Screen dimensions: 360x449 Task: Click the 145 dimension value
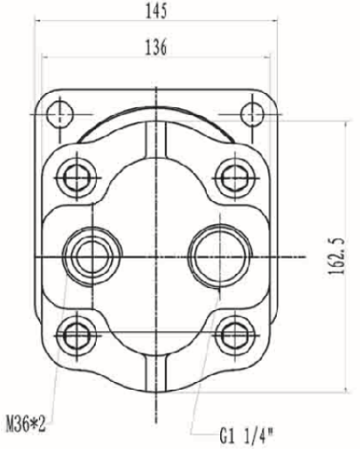[x=156, y=11]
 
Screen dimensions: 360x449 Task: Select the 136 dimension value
[x=156, y=48]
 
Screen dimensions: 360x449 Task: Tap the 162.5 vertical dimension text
[x=338, y=256]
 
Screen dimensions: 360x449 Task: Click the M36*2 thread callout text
[x=26, y=424]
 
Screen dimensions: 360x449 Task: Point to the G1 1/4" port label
[x=246, y=436]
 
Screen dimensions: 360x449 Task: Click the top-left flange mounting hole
[x=60, y=114]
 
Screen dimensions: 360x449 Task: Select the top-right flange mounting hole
[x=252, y=114]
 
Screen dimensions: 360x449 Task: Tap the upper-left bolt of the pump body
[x=77, y=177]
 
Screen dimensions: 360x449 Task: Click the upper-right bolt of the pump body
[x=235, y=177]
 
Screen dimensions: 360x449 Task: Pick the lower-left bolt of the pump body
[x=77, y=335]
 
